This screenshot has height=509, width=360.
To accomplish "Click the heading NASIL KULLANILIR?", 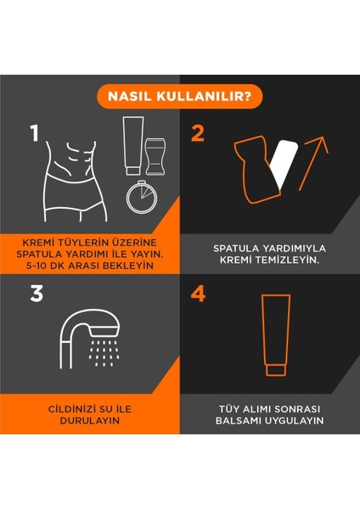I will click(179, 96).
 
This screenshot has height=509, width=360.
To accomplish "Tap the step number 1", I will click(35, 134).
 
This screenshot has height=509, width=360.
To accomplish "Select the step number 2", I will click(198, 133).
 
